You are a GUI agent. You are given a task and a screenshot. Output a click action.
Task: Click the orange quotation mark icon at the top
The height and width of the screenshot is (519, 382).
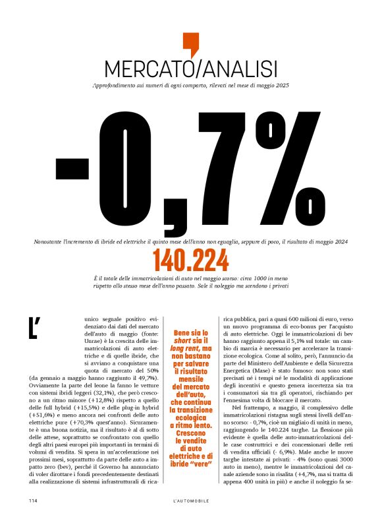point(190,44)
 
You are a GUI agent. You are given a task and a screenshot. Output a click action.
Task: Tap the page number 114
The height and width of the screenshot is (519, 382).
point(34,501)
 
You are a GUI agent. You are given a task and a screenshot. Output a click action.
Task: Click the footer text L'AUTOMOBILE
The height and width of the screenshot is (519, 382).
point(191,501)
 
